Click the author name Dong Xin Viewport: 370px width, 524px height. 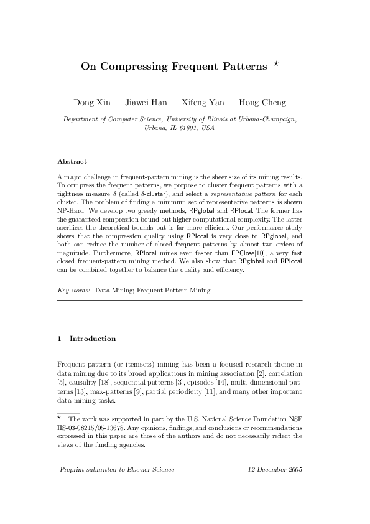pyautogui.click(x=92, y=102)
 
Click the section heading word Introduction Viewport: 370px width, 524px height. pyautogui.click(x=93, y=339)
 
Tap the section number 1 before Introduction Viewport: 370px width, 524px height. pyautogui.click(x=59, y=339)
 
